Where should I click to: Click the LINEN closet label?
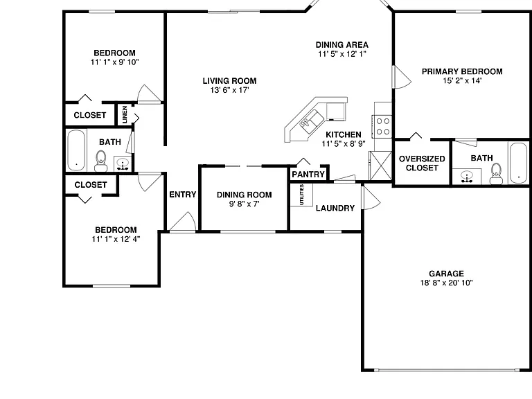(125, 115)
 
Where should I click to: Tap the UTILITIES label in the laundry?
(301, 195)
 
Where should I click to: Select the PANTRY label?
(308, 175)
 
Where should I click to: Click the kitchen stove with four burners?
(382, 127)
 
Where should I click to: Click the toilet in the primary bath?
(497, 174)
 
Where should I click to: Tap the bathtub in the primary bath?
(519, 163)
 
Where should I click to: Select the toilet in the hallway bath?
(100, 161)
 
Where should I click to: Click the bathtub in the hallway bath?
(76, 150)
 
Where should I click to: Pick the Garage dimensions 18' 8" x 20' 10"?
(447, 283)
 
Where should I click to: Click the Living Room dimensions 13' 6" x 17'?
(230, 90)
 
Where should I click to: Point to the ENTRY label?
(183, 195)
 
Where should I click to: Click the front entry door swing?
(183, 222)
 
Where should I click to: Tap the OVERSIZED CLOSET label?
(422, 163)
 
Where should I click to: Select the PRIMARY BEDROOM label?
(462, 71)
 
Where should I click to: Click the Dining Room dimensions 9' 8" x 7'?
(245, 204)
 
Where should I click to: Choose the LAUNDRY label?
(335, 208)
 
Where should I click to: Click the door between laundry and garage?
(371, 197)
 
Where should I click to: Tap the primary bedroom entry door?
(401, 77)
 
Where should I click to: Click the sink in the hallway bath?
(123, 164)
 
